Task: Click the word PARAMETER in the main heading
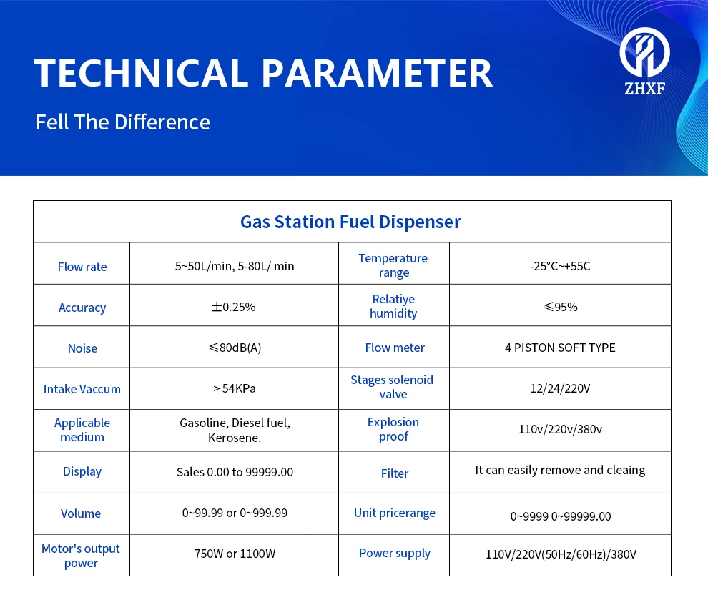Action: (377, 73)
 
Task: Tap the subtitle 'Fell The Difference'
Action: (123, 122)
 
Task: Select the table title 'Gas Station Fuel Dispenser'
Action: (350, 222)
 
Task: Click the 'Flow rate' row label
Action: (82, 267)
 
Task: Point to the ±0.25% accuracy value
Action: (233, 307)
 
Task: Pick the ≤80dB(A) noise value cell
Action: (235, 348)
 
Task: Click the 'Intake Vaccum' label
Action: (82, 389)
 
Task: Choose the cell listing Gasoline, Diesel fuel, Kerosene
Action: (235, 430)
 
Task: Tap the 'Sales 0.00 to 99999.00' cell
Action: (235, 472)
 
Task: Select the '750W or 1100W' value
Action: (235, 554)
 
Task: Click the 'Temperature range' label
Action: (393, 265)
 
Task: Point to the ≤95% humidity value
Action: (561, 307)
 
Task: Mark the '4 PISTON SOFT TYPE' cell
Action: (561, 348)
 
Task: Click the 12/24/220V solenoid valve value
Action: (561, 389)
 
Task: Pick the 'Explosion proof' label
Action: (393, 429)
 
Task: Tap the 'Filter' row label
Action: (395, 473)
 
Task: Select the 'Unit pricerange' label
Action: (395, 513)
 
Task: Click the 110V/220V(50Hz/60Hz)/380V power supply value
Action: (561, 554)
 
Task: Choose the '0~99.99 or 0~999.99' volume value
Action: (235, 513)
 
